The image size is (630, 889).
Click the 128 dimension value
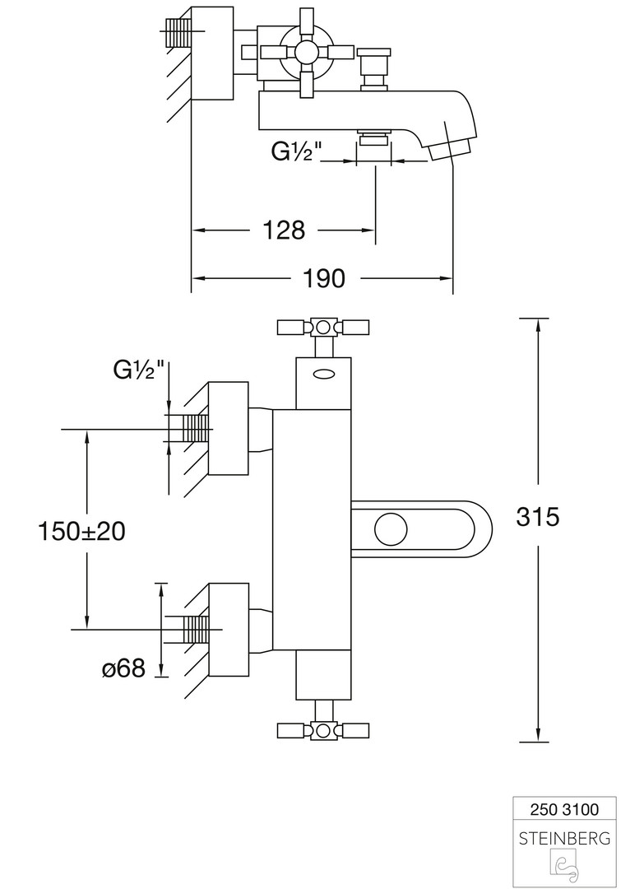284,230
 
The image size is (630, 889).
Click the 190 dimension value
323,278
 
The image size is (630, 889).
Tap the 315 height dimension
537,516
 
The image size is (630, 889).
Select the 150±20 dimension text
81,531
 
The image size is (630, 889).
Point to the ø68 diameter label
123,668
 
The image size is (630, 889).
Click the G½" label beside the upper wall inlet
139,370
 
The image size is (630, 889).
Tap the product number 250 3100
564,808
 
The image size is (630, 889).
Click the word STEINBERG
564,838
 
